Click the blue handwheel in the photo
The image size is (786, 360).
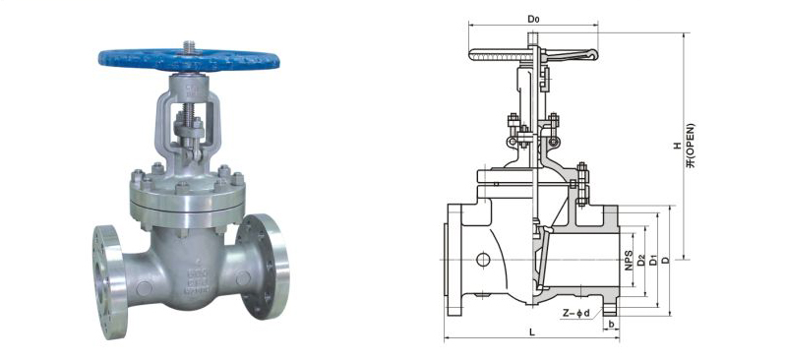[x=189, y=60]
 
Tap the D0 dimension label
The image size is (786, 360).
[x=533, y=19]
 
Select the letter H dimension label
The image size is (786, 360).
[x=677, y=146]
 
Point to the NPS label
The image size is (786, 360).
[x=629, y=261]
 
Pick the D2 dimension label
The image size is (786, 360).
[x=641, y=261]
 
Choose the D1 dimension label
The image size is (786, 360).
[x=653, y=261]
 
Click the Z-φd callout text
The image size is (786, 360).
[x=575, y=314]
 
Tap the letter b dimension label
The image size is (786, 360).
[x=611, y=324]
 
